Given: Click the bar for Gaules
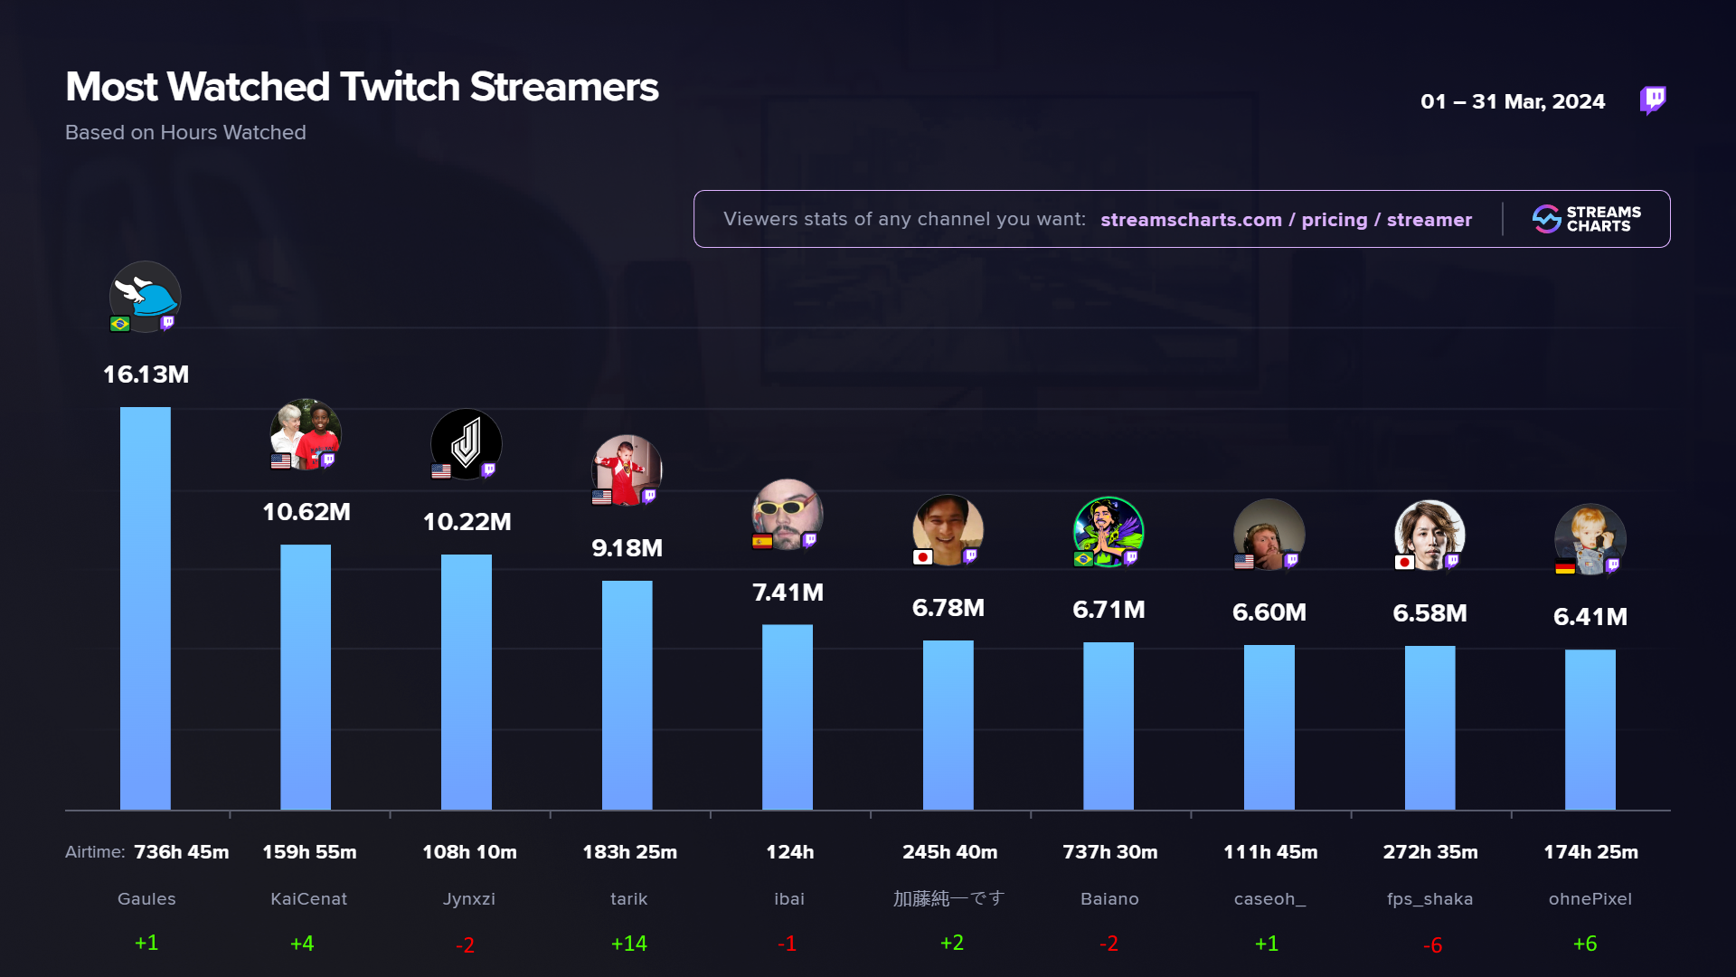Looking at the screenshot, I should tap(146, 608).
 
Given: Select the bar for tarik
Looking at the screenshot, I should tap(627, 695).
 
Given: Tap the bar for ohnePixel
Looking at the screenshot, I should tap(1590, 729).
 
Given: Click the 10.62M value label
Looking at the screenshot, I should tap(307, 512).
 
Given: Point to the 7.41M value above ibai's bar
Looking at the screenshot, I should tap(788, 593).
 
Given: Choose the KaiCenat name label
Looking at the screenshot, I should tap(308, 899).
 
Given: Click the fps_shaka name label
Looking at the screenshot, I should tap(1429, 899).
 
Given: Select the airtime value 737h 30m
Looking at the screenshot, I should tap(1109, 852).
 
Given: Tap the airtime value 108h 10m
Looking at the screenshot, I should tap(469, 852).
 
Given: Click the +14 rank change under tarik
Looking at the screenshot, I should tap(628, 944).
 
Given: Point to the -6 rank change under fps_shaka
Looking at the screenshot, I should tap(1432, 945).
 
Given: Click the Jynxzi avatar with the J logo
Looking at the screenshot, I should tap(467, 443).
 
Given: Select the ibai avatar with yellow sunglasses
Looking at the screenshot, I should tap(787, 514).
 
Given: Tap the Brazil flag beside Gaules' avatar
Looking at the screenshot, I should tap(120, 324).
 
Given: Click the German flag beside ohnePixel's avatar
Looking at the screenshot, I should tap(1565, 568).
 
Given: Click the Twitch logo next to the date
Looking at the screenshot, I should tap(1653, 100).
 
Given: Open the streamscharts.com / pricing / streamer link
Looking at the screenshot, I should tap(1286, 220).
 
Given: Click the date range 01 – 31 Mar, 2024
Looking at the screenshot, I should tap(1513, 101).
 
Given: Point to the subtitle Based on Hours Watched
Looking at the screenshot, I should tap(185, 132).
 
